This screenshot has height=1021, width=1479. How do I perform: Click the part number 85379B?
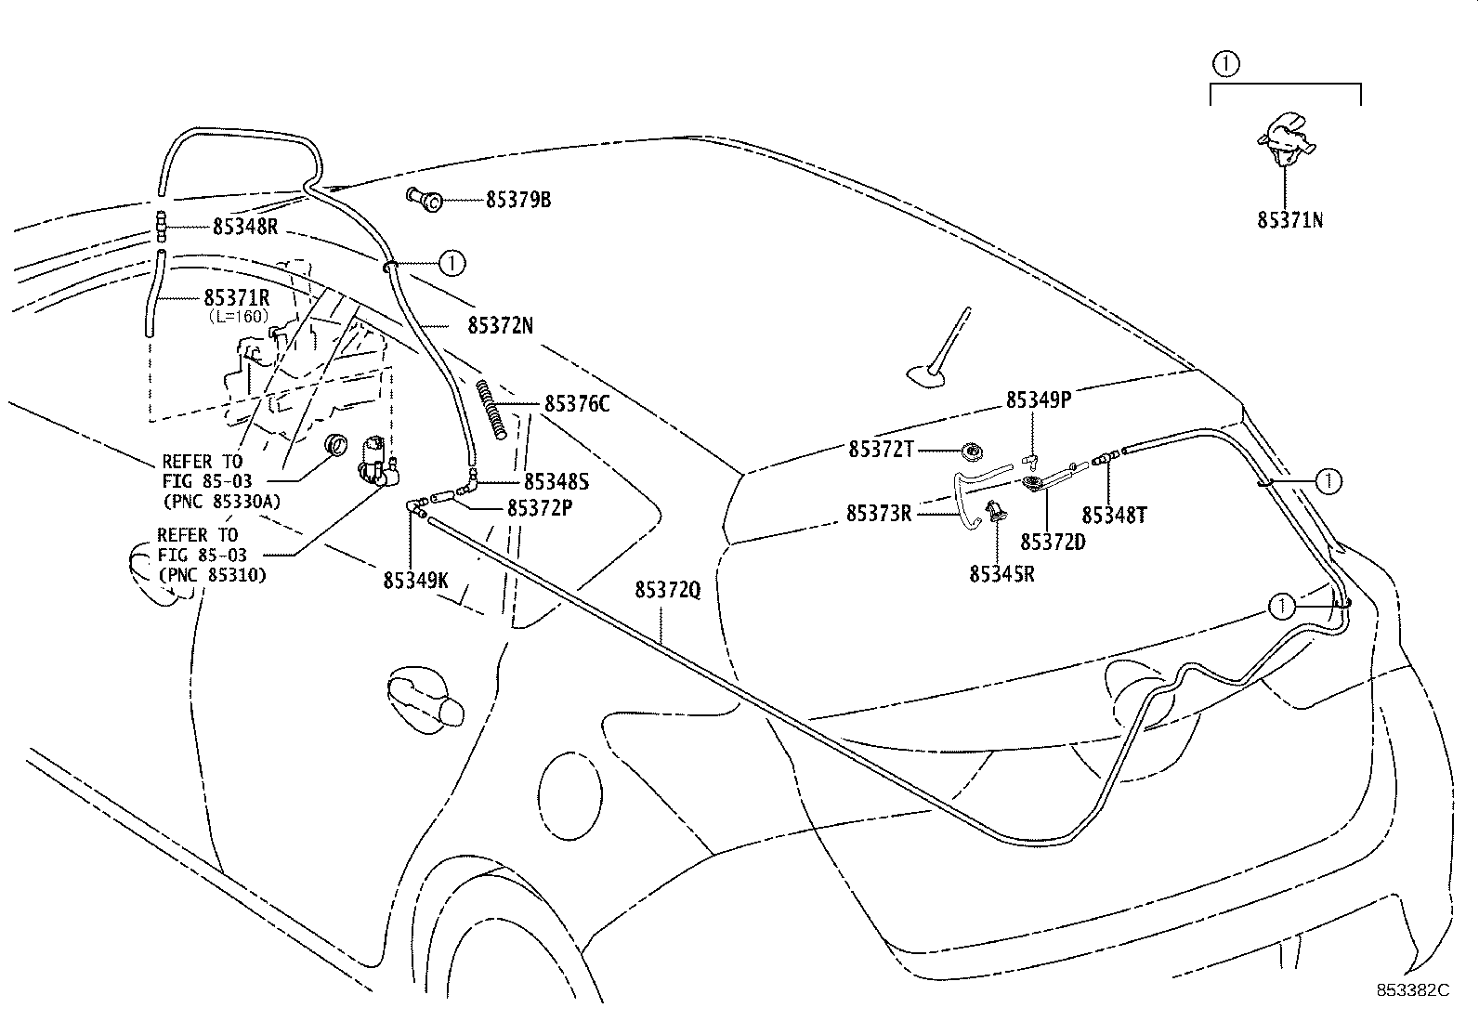coord(517,200)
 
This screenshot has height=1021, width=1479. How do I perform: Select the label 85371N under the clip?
coord(1289,220)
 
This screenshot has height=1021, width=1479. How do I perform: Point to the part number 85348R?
coord(245,227)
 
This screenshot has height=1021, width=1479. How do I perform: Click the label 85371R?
coord(237,298)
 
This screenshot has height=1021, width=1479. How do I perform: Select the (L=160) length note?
coord(237,316)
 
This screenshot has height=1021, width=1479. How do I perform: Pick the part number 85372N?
coord(500,325)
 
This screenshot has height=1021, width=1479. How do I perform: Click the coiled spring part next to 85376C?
coord(492,409)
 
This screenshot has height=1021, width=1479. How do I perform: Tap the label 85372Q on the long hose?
coord(667,590)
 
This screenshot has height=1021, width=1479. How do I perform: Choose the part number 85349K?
coord(415,581)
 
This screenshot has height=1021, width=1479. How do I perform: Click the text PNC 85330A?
coord(221,502)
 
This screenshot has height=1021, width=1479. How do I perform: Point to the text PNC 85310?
coord(213,574)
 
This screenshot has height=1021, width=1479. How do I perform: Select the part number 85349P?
coord(1038,399)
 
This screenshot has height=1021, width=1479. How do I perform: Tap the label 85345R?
coord(1001,574)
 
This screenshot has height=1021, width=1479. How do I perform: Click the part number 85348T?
coord(1114,515)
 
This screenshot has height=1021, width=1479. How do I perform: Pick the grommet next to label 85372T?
coord(972,452)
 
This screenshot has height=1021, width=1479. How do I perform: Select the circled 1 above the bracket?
coord(1225,63)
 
